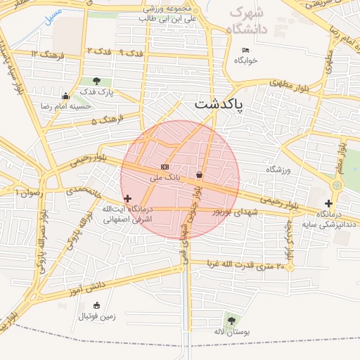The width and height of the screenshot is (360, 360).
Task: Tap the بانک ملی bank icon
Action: tap(165, 167)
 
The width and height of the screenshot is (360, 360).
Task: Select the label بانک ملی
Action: tap(165, 178)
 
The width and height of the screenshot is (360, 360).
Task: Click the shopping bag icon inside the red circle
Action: tap(200, 174)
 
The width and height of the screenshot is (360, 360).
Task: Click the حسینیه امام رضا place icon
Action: tap(66, 96)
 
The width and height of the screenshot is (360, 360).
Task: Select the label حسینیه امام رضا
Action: tap(66, 106)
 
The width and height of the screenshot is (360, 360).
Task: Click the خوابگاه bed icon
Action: tap(245, 50)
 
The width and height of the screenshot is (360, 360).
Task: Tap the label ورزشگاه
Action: tap(278, 169)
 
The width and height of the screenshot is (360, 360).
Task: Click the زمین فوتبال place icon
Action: tap(96, 305)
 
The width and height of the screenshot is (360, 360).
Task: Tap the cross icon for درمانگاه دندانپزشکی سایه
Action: tap(328, 203)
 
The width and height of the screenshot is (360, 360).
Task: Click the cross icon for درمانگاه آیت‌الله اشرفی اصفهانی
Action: tap(127, 199)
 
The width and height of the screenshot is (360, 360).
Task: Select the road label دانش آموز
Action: tap(86, 287)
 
